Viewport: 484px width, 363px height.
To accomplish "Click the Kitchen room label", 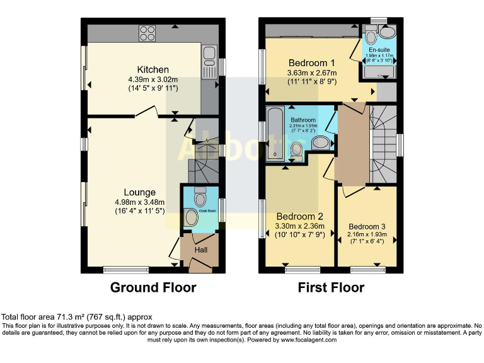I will coord(153,69).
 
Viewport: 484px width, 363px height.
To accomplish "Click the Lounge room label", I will coord(139,192).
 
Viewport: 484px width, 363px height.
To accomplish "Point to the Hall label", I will coord(200,250).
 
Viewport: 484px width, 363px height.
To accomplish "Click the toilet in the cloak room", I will coord(201,192).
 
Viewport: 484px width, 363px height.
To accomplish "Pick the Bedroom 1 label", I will coord(311,63).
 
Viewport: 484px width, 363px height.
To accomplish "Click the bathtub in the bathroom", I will coord(275,134).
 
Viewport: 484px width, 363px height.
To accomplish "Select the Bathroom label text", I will coord(303,120).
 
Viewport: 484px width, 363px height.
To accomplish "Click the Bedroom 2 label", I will coord(299,216).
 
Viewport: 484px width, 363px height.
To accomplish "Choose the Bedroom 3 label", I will coord(367,226).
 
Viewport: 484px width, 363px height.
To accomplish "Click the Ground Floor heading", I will coord(153,287).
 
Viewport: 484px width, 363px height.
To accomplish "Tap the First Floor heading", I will coord(331,287).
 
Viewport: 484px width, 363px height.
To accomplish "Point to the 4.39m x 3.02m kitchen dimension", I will coord(153,79).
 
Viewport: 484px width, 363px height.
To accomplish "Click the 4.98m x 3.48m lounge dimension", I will coord(139,202).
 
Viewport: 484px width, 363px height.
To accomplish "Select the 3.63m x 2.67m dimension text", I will coord(312,73).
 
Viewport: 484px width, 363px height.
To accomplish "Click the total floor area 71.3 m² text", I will coord(76,317).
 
